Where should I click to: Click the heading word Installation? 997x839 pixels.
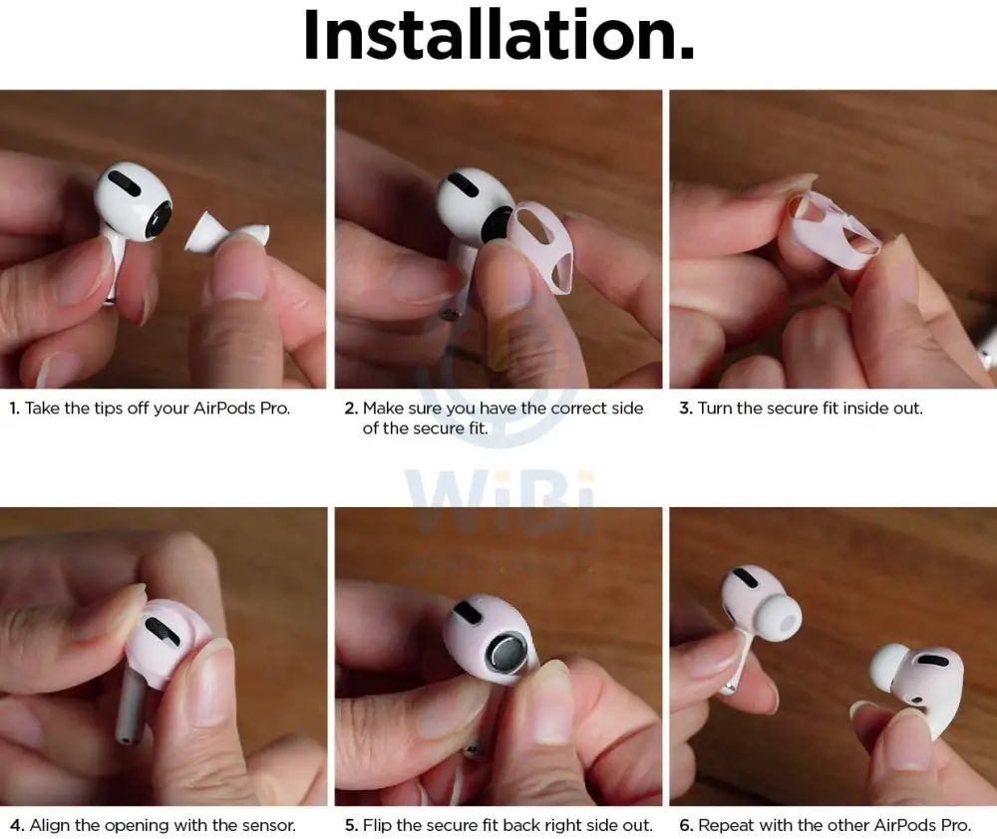(x=499, y=35)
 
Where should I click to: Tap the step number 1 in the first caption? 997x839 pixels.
(x=14, y=409)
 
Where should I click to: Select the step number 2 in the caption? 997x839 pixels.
(x=351, y=409)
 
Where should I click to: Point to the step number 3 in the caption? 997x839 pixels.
(x=686, y=409)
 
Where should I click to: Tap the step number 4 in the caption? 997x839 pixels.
(x=17, y=825)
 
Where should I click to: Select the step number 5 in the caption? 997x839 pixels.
(x=351, y=825)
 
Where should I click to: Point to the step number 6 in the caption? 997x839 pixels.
(x=686, y=825)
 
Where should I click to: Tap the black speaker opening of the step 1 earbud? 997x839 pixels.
(x=159, y=221)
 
